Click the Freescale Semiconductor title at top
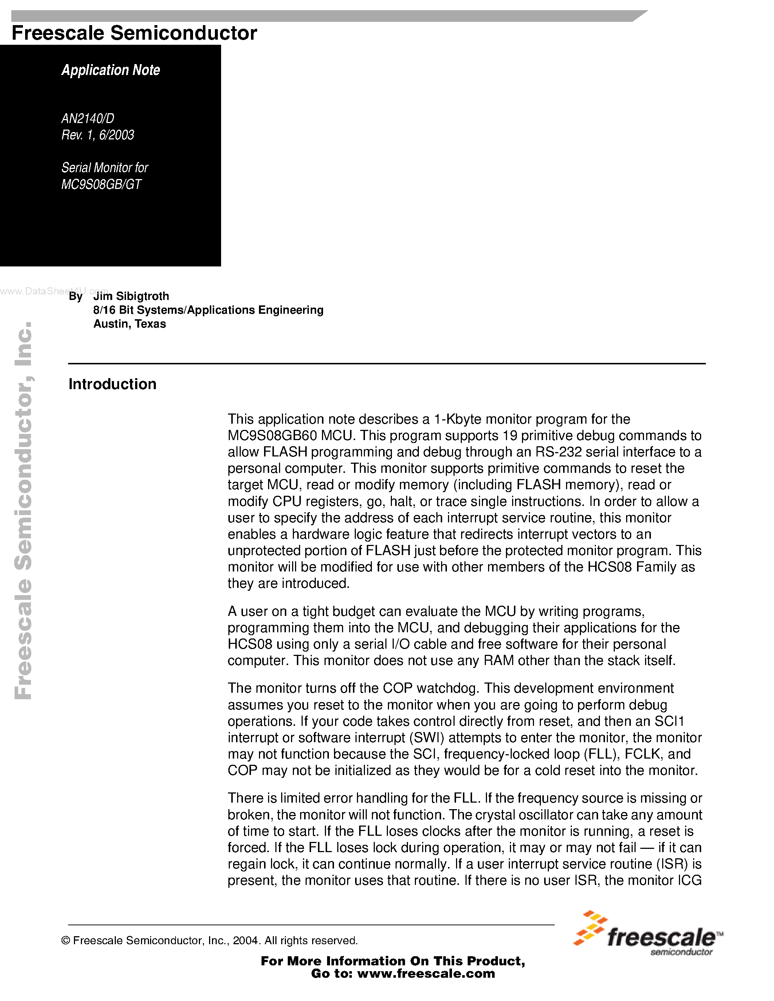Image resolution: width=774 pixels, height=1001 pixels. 134,33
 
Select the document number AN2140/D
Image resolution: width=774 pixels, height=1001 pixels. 87,119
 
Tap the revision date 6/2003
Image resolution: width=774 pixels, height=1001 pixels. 117,135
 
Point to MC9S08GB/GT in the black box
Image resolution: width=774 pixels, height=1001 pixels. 101,184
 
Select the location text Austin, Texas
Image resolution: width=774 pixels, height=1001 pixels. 129,324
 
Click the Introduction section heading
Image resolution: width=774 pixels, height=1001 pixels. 112,384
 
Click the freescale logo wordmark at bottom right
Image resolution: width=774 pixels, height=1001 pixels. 661,938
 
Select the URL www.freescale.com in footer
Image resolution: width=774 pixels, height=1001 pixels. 426,973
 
